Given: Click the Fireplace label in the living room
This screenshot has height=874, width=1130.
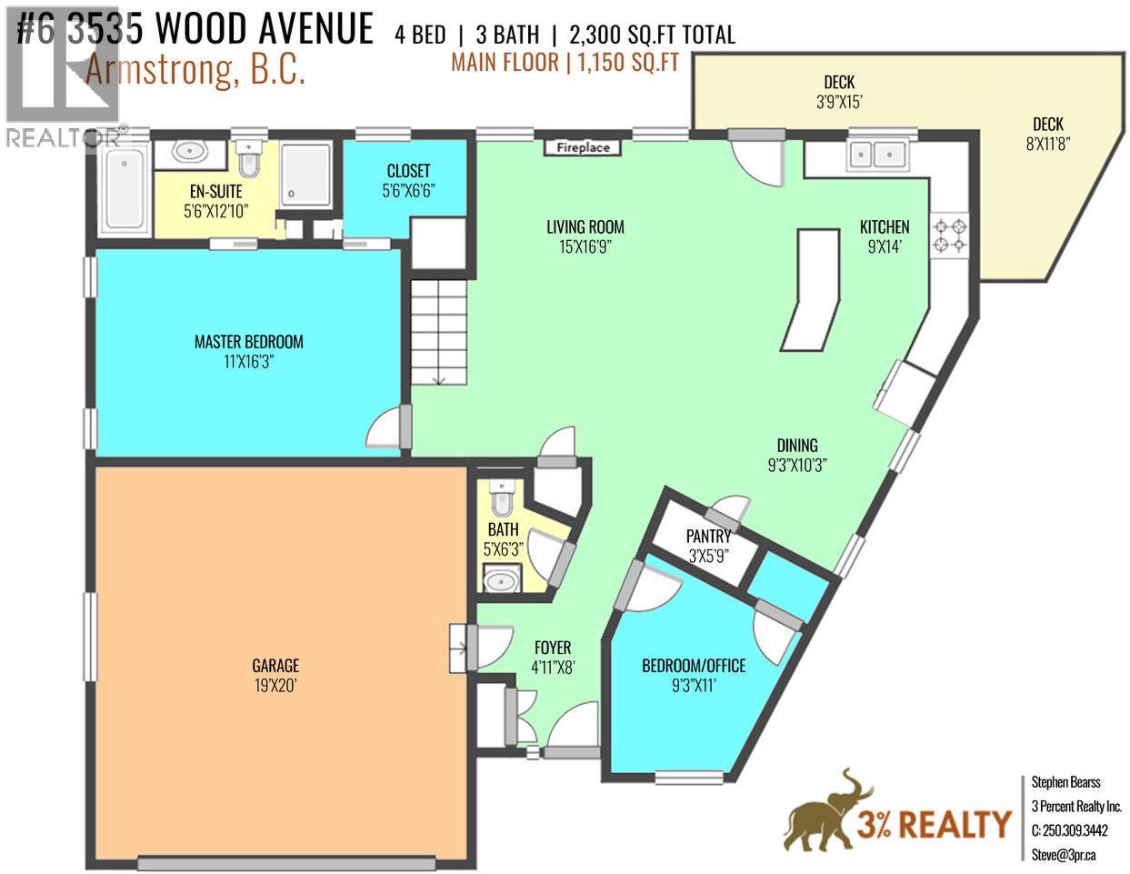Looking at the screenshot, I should pos(583,147).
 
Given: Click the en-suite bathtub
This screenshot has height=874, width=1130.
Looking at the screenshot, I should pos(123,189).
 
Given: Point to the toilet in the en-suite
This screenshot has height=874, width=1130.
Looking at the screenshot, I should pos(247,160).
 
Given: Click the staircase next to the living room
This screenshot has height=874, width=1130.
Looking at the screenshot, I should pos(439,332).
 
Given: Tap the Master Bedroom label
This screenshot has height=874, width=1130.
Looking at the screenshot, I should pos(248,342).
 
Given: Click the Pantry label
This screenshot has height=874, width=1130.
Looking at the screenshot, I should pos(708,537).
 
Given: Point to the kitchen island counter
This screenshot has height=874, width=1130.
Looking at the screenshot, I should pos(812,288).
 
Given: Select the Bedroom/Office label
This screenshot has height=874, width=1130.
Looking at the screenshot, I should pos(693,666).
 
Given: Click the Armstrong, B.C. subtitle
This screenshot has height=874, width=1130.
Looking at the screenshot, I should pos(195,72).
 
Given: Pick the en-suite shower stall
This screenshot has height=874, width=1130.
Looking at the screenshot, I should pos(305,173).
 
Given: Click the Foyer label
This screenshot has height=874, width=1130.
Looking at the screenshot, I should pos(553,648).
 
